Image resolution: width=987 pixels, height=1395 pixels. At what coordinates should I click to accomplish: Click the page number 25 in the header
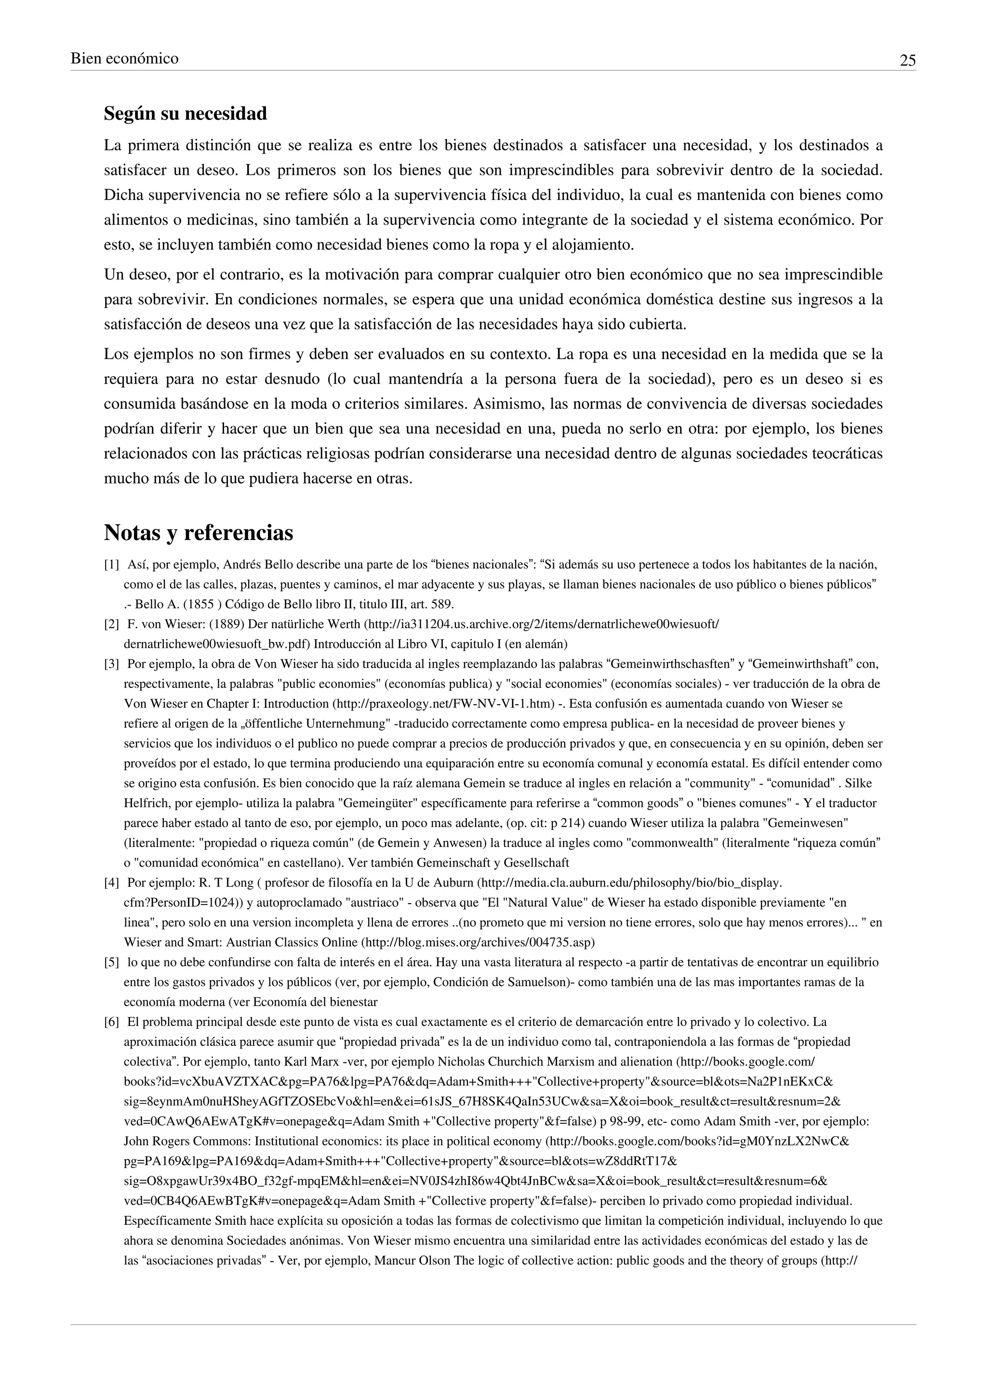point(907,61)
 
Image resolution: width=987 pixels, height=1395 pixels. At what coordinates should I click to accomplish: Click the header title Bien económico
point(125,59)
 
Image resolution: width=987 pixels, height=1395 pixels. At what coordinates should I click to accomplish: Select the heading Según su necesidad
point(186,114)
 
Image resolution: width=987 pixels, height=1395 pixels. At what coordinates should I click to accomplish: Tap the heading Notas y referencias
point(198,533)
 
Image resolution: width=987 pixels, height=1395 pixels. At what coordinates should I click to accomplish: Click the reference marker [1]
point(111,565)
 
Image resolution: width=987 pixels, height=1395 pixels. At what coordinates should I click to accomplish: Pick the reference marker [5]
point(111,962)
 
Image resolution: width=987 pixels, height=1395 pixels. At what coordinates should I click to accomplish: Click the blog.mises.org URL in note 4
point(478,942)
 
